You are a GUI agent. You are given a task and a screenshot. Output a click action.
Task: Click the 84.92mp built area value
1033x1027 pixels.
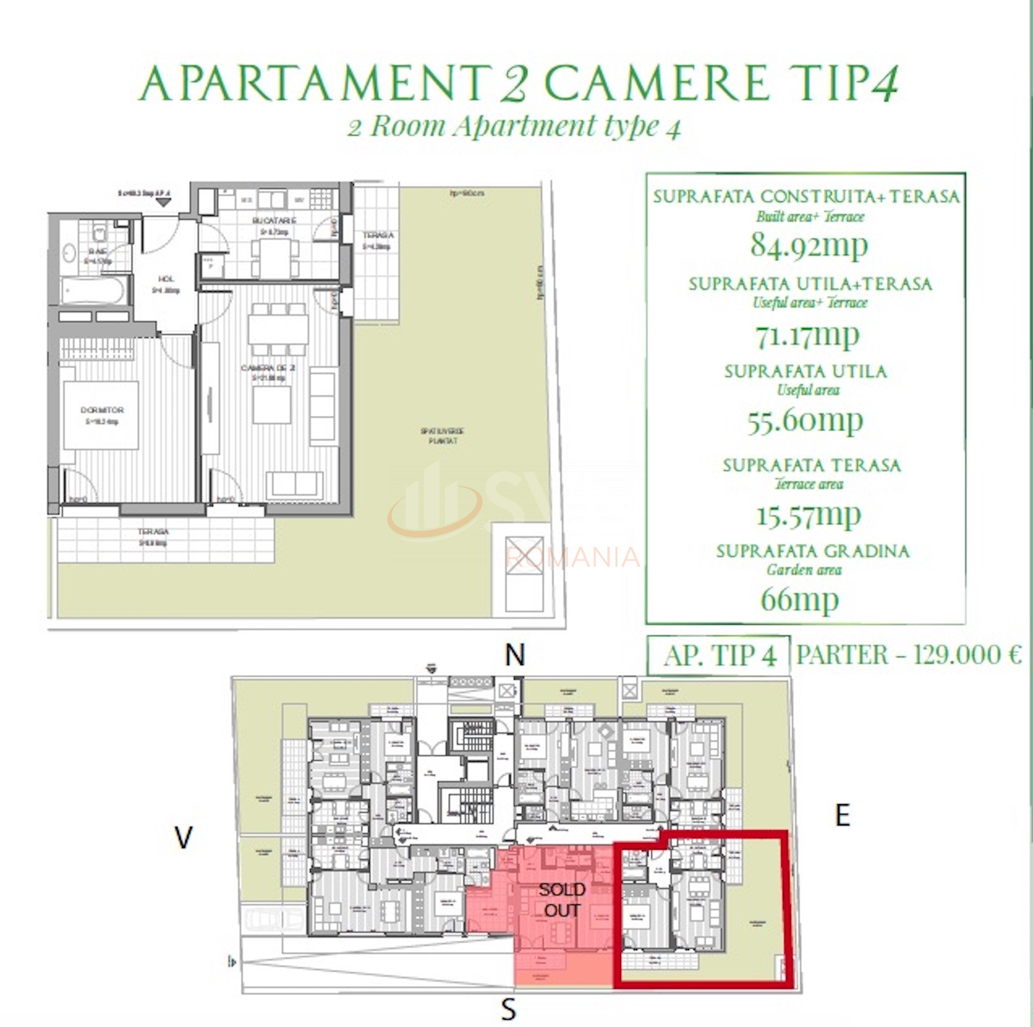coord(808,245)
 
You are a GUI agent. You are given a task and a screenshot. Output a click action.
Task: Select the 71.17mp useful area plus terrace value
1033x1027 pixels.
coord(808,335)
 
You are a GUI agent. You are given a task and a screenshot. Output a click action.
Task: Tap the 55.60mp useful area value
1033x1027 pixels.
coord(805,421)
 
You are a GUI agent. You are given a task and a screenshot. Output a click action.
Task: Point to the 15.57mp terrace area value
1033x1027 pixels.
coord(808,515)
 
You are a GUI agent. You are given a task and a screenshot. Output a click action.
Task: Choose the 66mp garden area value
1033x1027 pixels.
coord(799,599)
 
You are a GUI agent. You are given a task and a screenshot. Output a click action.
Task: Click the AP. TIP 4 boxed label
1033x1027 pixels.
coord(719,656)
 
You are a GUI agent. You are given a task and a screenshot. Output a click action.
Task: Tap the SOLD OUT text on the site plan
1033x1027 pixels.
coord(562,900)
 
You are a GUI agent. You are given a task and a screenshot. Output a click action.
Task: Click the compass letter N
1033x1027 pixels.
coord(515,656)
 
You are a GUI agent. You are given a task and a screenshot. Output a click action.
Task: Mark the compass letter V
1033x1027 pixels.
coord(183,838)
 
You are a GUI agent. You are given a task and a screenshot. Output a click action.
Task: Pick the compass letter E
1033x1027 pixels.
coord(843,816)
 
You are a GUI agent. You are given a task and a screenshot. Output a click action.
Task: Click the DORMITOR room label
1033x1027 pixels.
coord(102,410)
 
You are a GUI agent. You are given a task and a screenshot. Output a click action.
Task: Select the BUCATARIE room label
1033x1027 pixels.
coord(274,221)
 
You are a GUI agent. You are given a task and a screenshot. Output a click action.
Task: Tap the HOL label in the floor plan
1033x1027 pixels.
coord(166,279)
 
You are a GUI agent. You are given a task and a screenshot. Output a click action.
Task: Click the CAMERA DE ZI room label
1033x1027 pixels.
coord(268,368)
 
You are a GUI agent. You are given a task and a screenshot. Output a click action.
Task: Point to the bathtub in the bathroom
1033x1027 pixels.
coord(94,291)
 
